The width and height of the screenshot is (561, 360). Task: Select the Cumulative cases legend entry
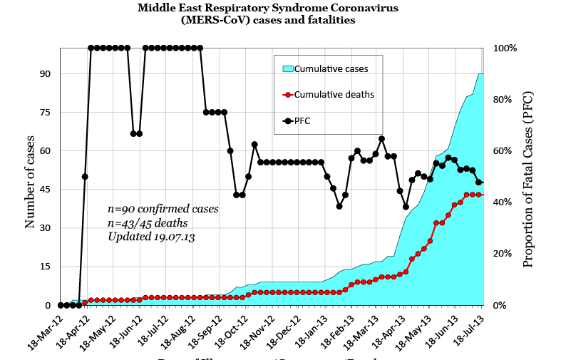331,69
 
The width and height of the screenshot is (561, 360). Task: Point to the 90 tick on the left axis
45,73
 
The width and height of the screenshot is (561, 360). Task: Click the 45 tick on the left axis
45,190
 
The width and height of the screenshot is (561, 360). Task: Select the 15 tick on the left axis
45,267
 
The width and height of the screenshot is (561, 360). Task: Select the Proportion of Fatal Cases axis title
527,179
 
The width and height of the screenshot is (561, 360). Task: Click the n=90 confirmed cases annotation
163,210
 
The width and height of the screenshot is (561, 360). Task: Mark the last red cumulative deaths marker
483,195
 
